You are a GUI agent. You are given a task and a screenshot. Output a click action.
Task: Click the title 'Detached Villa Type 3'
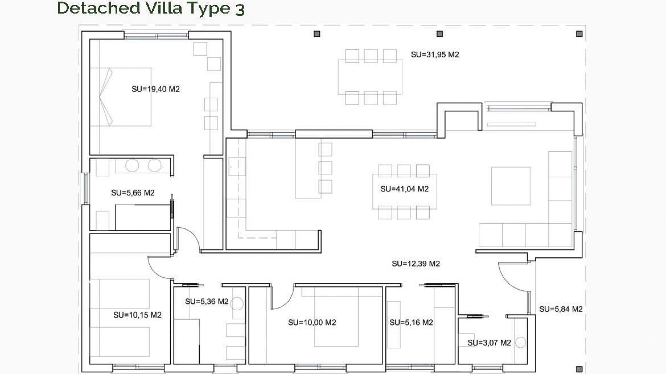(x=151, y=8)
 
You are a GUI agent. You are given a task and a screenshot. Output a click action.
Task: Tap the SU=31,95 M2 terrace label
(x=435, y=55)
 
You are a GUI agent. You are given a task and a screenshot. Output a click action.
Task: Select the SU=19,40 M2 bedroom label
(x=155, y=89)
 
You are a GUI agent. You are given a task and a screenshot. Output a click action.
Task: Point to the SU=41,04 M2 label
(x=404, y=189)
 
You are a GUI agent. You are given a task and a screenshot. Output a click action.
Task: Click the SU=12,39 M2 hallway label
(x=416, y=264)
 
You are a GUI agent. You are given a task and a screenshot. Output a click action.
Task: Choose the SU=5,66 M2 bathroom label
(x=133, y=193)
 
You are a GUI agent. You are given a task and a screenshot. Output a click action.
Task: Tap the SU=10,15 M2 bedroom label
(x=137, y=315)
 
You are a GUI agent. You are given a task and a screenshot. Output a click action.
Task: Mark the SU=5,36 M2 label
(x=206, y=302)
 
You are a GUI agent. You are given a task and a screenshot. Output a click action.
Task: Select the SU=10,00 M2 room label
(x=312, y=323)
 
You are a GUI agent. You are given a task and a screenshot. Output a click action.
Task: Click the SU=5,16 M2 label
(x=411, y=323)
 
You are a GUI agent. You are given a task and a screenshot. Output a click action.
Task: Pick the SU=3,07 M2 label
(x=489, y=343)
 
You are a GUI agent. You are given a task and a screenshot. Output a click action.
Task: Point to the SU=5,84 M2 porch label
(x=561, y=309)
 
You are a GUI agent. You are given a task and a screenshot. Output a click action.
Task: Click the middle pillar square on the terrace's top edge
(x=439, y=34)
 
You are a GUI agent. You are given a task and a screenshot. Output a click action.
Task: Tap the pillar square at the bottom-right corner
(x=579, y=369)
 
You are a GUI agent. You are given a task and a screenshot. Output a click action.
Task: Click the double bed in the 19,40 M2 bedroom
(x=121, y=97)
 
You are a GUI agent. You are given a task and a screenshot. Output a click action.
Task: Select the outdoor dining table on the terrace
(x=370, y=77)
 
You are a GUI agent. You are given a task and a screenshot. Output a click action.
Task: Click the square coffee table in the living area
(x=511, y=186)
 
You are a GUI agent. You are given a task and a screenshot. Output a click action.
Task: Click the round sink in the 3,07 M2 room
(x=520, y=342)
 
